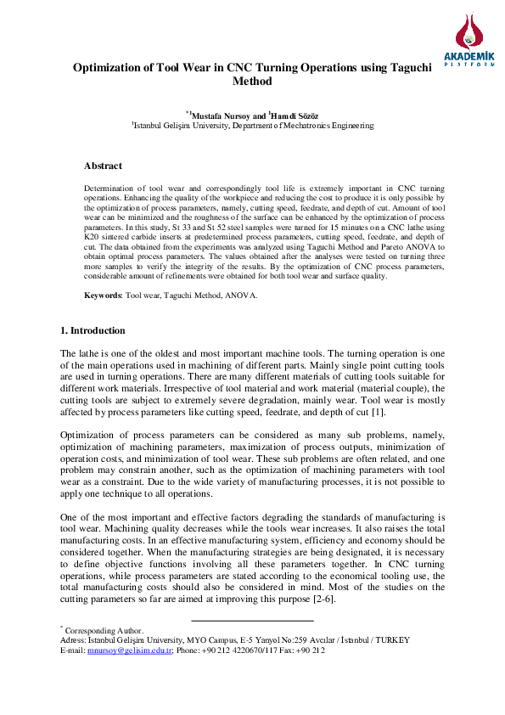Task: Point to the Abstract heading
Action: (x=103, y=166)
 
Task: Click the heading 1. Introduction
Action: (x=93, y=330)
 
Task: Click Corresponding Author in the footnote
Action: (x=104, y=630)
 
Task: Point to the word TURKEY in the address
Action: (x=392, y=639)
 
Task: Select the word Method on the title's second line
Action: (x=252, y=82)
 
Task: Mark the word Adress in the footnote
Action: (x=73, y=639)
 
